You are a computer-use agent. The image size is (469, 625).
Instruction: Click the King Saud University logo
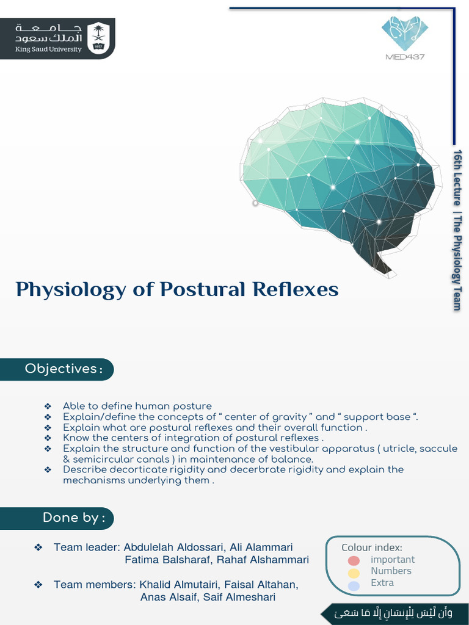click(57, 38)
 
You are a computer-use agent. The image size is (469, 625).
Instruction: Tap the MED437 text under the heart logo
click(405, 57)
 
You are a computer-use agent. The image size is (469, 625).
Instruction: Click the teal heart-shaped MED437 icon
click(405, 33)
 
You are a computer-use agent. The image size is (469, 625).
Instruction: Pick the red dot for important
click(354, 560)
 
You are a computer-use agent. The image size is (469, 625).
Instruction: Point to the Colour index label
click(371, 547)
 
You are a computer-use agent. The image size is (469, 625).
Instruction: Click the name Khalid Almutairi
click(179, 585)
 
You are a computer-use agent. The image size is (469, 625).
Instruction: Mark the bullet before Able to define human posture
click(48, 406)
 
